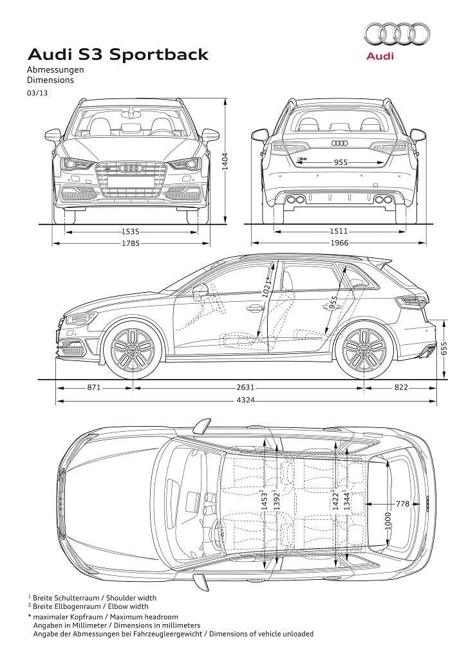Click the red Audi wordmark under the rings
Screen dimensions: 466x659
tap(380, 56)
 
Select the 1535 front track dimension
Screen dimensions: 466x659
tap(130, 231)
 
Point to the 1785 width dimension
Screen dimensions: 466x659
tap(130, 243)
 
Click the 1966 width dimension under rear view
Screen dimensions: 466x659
tap(339, 243)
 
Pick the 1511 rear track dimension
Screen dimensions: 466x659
tap(339, 231)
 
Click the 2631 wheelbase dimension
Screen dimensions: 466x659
tap(245, 387)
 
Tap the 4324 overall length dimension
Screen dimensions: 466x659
tap(245, 400)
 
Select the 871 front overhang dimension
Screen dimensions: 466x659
tap(94, 387)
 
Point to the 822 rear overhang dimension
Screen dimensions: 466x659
tap(401, 387)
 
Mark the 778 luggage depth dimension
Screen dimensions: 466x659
tap(402, 503)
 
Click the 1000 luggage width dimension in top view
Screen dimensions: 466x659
tap(387, 520)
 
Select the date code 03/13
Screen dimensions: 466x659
tap(37, 93)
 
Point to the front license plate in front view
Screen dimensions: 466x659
tap(131, 181)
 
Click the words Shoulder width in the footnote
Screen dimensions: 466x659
tap(131, 598)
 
